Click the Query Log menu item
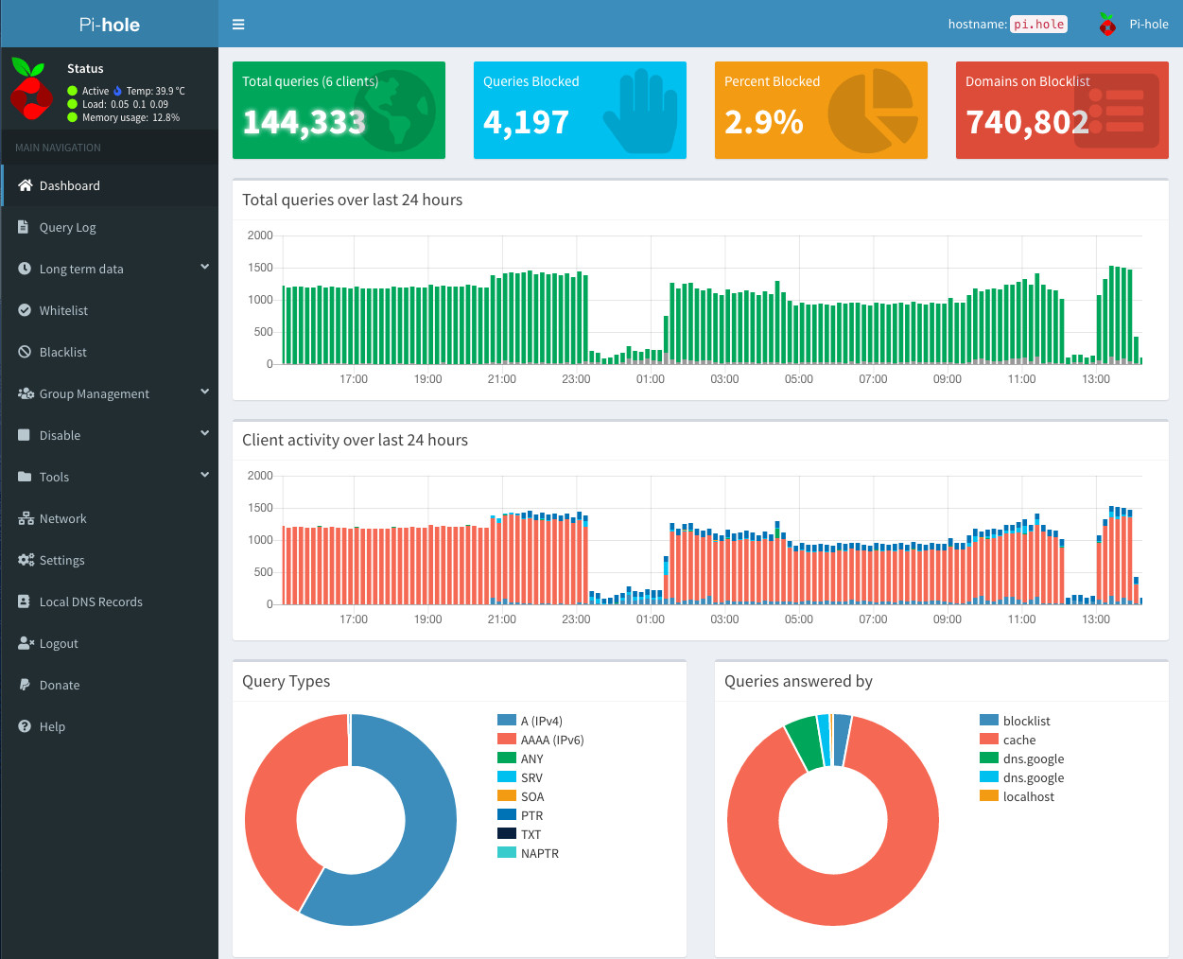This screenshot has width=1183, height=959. pyautogui.click(x=67, y=227)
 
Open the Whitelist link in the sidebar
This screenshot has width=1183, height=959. pyautogui.click(x=63, y=310)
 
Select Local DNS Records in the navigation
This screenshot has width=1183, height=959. pyautogui.click(x=91, y=602)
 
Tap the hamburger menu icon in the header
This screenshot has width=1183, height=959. pyautogui.click(x=238, y=25)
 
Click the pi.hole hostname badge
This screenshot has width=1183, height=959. pyautogui.click(x=1038, y=25)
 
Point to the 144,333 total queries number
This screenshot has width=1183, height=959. pyautogui.click(x=304, y=122)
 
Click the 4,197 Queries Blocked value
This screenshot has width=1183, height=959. pyautogui.click(x=526, y=122)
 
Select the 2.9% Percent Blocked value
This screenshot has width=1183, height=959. pyautogui.click(x=763, y=122)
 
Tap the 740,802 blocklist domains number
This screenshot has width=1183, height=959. pyautogui.click(x=1027, y=122)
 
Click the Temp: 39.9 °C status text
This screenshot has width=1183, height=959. pyautogui.click(x=155, y=91)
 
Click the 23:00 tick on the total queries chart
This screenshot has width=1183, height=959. pyautogui.click(x=576, y=379)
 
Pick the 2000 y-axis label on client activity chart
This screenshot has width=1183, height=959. pyautogui.click(x=260, y=476)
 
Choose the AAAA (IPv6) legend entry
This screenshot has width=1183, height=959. pyautogui.click(x=551, y=740)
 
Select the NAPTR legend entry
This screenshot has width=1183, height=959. pyautogui.click(x=539, y=853)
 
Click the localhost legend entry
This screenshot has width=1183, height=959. pyautogui.click(x=1028, y=796)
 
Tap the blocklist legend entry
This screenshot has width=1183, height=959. pyautogui.click(x=1026, y=721)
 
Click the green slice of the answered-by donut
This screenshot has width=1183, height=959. pyautogui.click(x=805, y=743)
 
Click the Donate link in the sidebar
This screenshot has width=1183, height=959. pyautogui.click(x=60, y=685)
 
